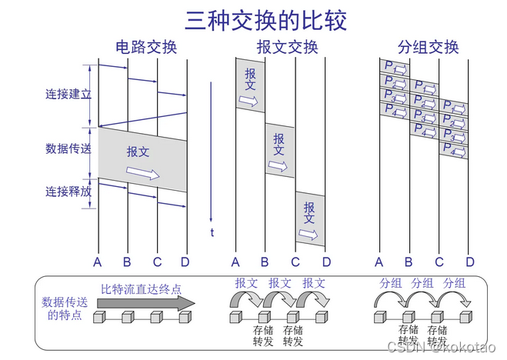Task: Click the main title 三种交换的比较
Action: click(x=255, y=19)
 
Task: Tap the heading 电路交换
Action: click(x=146, y=48)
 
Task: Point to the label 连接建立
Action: click(x=68, y=95)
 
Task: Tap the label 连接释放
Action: click(x=68, y=192)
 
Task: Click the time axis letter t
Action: click(x=212, y=232)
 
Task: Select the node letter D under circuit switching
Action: click(x=185, y=262)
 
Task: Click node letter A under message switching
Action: click(x=235, y=262)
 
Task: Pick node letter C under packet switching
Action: click(x=439, y=262)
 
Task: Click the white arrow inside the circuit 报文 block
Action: click(x=143, y=173)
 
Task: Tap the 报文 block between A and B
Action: click(x=250, y=85)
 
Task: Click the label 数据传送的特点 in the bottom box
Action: click(x=64, y=308)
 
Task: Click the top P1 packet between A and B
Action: click(x=394, y=67)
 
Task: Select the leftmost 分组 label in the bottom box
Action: click(x=390, y=283)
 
